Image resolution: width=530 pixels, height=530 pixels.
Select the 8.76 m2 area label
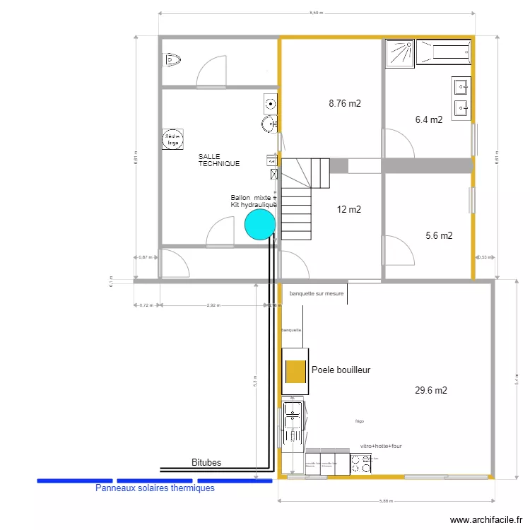tap(345, 103)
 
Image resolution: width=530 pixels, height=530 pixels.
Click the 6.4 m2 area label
tap(429, 119)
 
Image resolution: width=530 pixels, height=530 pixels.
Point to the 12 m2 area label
tap(349, 209)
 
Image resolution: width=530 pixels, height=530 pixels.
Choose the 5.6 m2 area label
tap(439, 236)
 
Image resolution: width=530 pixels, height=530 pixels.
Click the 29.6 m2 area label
tap(431, 390)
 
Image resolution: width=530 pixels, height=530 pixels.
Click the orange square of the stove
tap(295, 370)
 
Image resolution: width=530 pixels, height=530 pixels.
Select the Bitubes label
tap(206, 463)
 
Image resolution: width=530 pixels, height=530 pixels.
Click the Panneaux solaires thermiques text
tap(155, 488)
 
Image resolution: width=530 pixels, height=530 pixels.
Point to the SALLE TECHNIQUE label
tap(219, 160)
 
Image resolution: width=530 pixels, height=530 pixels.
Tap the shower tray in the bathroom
tap(400, 53)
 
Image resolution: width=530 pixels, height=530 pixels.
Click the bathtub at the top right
tap(444, 52)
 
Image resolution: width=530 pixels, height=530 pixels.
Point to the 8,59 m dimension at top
tap(316, 13)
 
